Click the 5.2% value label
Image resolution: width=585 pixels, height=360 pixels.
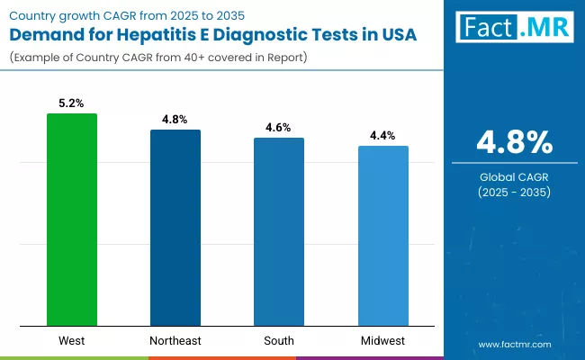pos(72,103)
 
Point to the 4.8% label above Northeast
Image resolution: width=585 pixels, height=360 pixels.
pos(175,120)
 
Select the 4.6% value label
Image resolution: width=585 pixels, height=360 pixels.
pos(279,128)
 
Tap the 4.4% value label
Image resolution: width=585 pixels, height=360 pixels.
pos(382,136)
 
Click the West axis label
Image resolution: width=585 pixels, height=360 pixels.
pos(72,341)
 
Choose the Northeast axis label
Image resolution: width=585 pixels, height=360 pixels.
pos(175,341)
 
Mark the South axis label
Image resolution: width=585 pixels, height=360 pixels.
pos(279,341)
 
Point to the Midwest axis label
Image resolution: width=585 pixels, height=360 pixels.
pos(382,341)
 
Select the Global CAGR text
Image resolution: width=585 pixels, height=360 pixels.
pos(515,175)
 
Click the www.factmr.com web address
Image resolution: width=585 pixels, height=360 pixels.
pos(515,344)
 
